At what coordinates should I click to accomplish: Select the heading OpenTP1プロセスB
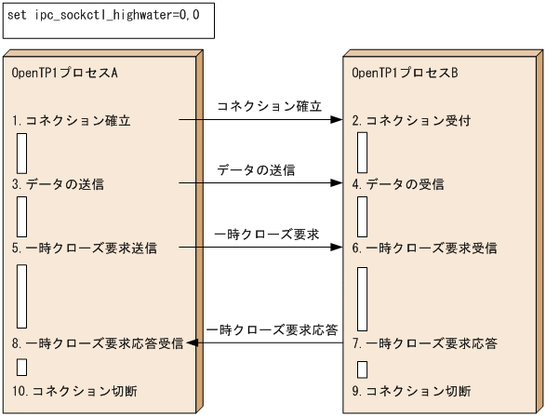(x=406, y=73)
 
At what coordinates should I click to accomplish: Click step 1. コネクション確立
(x=72, y=121)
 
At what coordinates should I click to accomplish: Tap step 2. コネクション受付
(x=411, y=121)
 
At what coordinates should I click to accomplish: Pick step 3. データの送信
(x=58, y=184)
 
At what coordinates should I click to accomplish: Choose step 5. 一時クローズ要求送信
(x=85, y=248)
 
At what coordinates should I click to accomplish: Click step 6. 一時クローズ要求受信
(x=424, y=248)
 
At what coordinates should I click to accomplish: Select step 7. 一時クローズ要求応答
(x=424, y=343)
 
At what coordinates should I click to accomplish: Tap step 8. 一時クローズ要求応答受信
(x=99, y=343)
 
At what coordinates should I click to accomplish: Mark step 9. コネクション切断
(x=411, y=390)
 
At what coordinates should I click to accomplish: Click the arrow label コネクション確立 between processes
(x=269, y=107)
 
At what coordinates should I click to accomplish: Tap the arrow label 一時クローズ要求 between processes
(x=268, y=235)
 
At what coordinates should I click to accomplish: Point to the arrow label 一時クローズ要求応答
(x=273, y=329)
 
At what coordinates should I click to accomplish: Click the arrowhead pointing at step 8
(x=193, y=343)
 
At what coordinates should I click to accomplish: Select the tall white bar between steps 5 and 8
(x=21, y=296)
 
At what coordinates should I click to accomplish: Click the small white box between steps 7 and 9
(x=361, y=369)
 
